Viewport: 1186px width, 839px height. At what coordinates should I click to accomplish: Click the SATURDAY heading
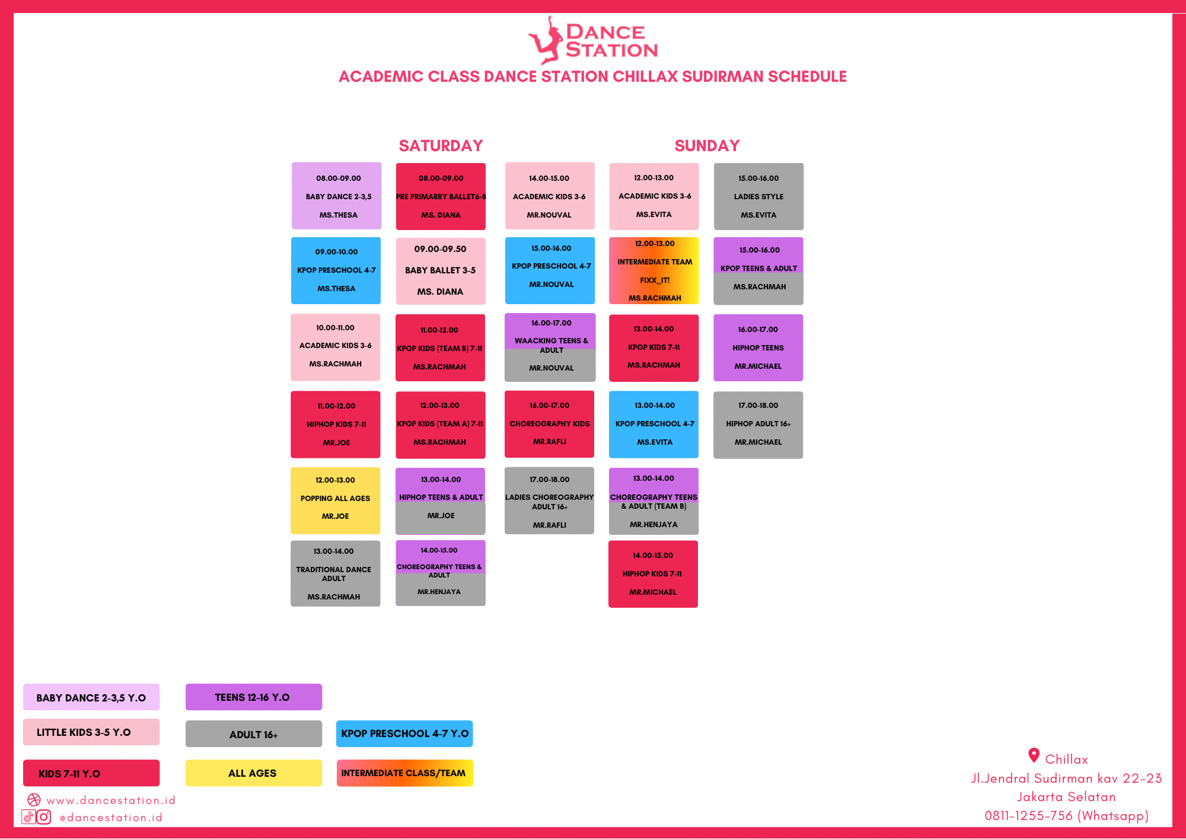tap(441, 146)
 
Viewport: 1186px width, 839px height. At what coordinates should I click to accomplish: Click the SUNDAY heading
tap(707, 146)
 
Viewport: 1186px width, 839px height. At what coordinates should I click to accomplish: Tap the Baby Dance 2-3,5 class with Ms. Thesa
tap(336, 196)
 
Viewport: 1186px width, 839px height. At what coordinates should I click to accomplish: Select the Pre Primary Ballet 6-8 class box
tap(441, 196)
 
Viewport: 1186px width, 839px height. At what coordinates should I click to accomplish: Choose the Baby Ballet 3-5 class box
tap(441, 271)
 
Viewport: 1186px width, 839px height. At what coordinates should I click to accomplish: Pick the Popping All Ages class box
tap(335, 500)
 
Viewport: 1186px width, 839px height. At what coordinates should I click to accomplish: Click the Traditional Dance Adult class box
tap(335, 573)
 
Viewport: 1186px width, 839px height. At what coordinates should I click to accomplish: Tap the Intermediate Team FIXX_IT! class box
tap(653, 271)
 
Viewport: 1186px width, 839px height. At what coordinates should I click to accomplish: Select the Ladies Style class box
tap(758, 196)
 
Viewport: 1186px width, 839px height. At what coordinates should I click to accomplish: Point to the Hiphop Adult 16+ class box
tap(758, 425)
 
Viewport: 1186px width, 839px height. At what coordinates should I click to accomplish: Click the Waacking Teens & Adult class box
tap(550, 347)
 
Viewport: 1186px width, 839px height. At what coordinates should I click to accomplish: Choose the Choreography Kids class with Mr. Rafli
tap(549, 424)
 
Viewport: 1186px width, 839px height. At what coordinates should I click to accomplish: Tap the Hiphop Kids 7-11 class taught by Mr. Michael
tap(653, 574)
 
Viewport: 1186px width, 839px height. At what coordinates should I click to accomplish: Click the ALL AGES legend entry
tap(253, 773)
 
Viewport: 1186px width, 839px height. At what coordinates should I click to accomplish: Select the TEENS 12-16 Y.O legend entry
tap(253, 697)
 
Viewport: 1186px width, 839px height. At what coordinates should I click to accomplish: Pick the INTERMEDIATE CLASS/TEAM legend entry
tap(404, 773)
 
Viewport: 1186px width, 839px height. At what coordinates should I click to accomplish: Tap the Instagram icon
tap(44, 817)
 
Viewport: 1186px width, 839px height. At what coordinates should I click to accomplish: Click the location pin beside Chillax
tap(1034, 755)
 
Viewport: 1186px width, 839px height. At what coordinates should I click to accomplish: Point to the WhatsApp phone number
tap(1066, 816)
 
